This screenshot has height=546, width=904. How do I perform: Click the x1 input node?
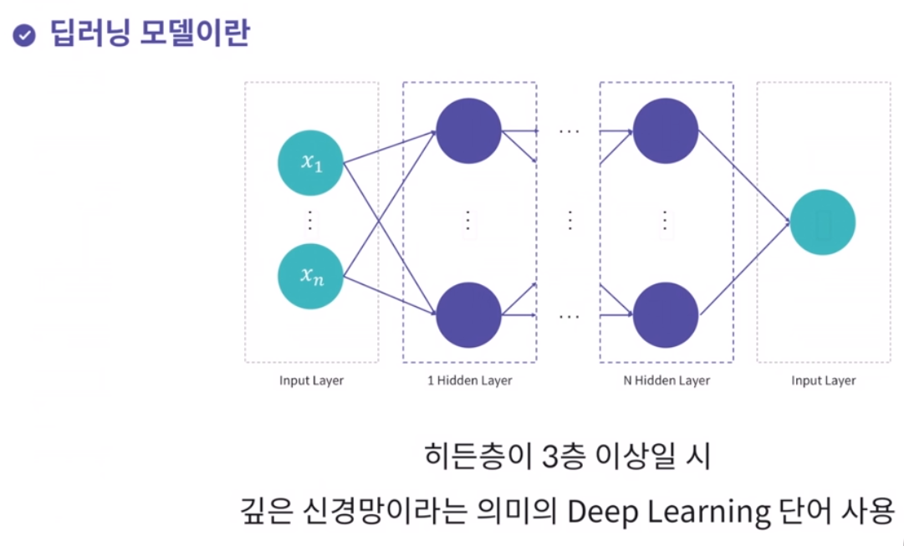311,163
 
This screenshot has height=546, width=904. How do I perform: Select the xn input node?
311,275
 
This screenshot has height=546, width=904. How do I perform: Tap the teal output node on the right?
823,222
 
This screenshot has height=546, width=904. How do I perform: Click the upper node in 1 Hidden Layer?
468,130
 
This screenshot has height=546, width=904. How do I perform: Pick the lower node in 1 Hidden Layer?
468,315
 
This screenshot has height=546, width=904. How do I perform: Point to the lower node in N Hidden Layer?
666,315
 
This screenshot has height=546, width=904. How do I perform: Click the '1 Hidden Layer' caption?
468,381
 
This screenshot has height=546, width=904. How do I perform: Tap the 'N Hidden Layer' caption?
666,381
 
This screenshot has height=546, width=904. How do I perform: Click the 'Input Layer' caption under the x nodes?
311,381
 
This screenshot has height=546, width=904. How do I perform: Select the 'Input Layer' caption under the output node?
823,381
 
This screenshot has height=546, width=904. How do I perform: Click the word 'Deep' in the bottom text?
597,511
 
